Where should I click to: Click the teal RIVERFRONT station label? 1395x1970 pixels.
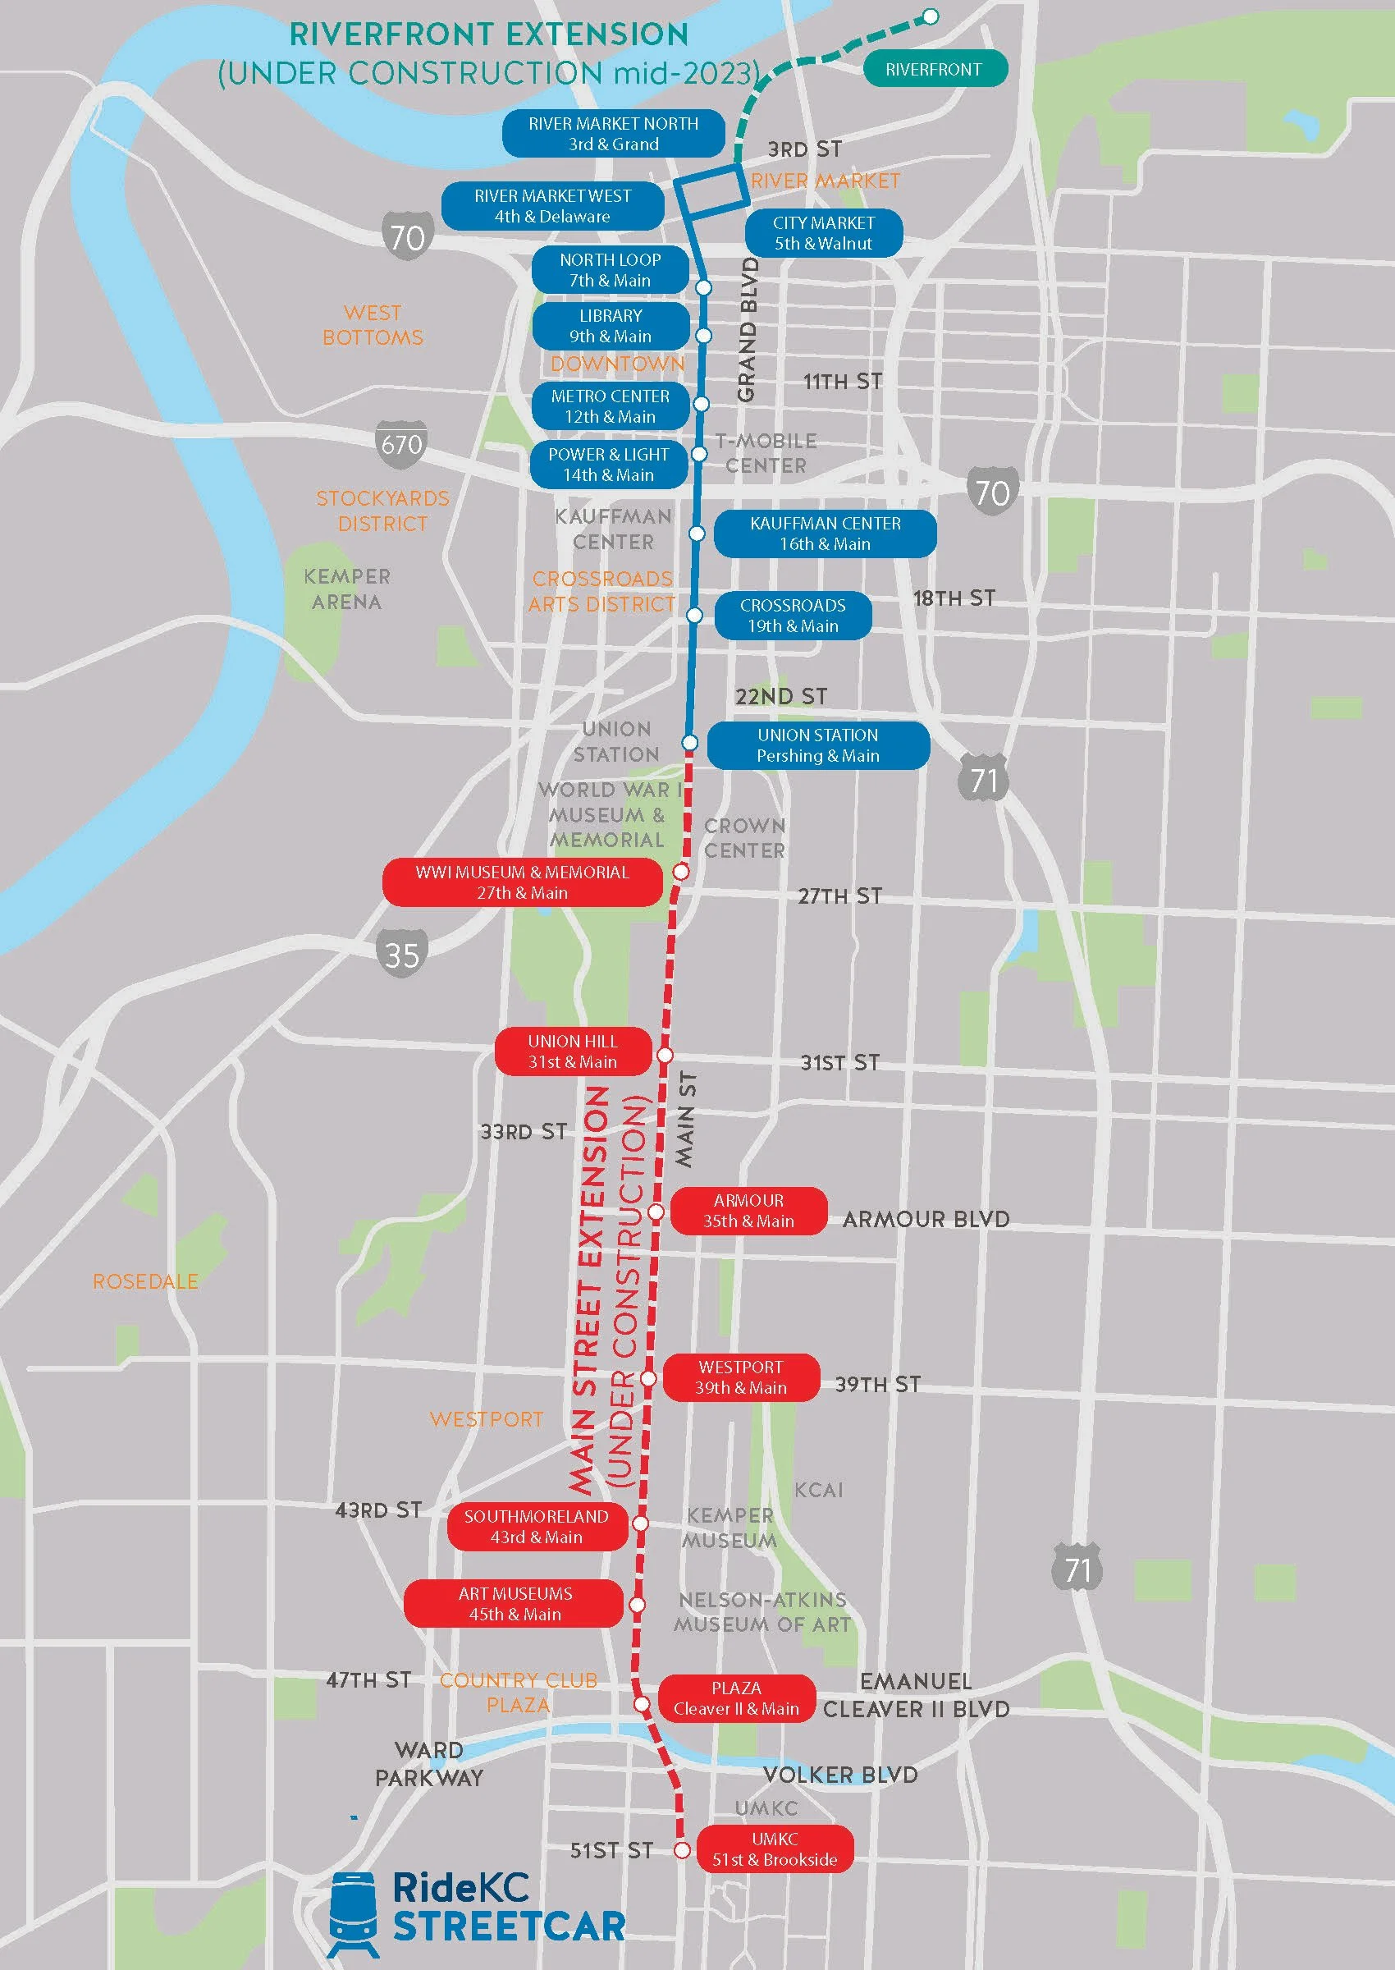[933, 70]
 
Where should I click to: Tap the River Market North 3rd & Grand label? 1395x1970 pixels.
[613, 134]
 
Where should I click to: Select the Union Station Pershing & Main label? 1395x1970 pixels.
[818, 744]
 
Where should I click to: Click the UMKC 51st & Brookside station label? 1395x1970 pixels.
[775, 1849]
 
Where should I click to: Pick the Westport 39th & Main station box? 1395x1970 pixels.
[741, 1377]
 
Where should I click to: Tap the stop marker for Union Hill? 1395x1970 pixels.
[665, 1054]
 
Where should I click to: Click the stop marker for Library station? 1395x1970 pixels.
[703, 335]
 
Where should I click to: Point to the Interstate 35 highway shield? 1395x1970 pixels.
[401, 954]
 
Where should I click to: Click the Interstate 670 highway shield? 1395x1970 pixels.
[401, 444]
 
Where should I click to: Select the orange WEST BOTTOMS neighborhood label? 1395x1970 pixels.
[373, 325]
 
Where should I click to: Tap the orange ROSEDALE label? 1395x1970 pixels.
[145, 1281]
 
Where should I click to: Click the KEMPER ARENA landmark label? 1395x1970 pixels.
[347, 589]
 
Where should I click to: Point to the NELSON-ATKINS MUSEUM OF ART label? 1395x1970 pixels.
[762, 1612]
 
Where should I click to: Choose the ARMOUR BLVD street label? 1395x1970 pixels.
[926, 1219]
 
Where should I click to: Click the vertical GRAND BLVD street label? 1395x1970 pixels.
[748, 330]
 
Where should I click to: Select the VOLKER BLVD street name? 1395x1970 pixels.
[840, 1774]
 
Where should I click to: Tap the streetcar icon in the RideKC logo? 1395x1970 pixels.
[353, 1913]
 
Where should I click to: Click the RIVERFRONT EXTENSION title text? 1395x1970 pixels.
[489, 34]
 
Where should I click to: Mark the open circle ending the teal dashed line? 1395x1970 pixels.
[931, 16]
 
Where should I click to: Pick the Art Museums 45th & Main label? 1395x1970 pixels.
[515, 1603]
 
